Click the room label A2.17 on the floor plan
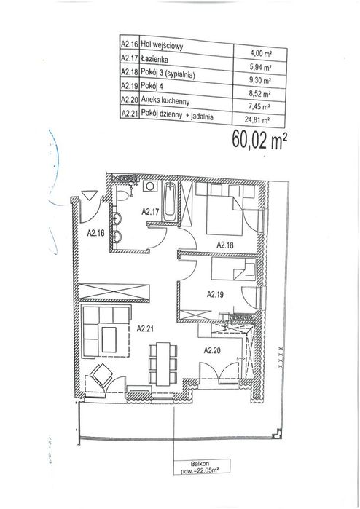[150, 212]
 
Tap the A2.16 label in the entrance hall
[95, 233]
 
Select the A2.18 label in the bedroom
[225, 245]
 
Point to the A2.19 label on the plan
[216, 294]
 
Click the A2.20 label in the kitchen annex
[212, 350]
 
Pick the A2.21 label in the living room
[145, 329]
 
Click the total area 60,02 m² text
[259, 141]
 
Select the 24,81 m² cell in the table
[258, 119]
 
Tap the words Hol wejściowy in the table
[162, 45]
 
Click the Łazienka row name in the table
[154, 60]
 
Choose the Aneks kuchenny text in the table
[165, 101]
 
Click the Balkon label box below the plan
[202, 467]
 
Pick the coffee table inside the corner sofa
[109, 339]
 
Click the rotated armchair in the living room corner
[101, 375]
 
